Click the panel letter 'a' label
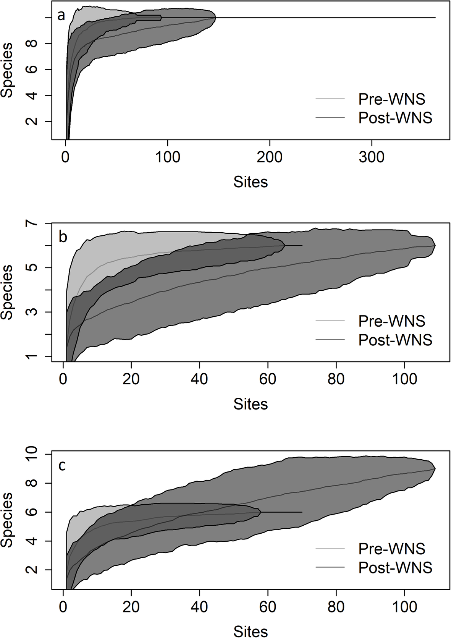coord(61,16)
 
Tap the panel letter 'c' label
coord(61,465)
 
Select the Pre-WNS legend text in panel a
coord(391,99)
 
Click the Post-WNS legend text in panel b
coord(395,340)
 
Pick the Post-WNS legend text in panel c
coord(395,567)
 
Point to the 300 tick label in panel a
coord(372,157)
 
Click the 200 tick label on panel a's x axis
coord(270,157)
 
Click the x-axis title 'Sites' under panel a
coord(251,182)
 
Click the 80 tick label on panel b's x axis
coord(336,379)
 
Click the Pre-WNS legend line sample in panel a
coord(330,99)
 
